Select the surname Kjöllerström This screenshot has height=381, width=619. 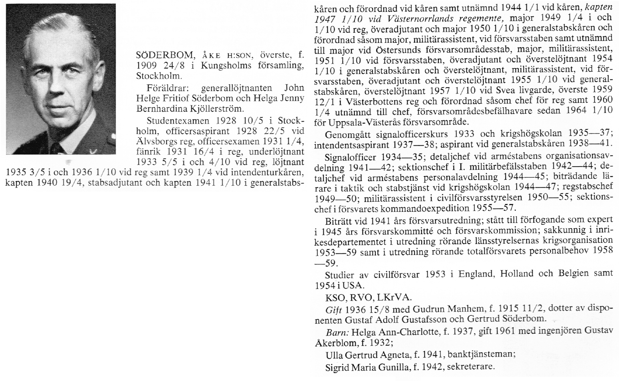tap(216, 108)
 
